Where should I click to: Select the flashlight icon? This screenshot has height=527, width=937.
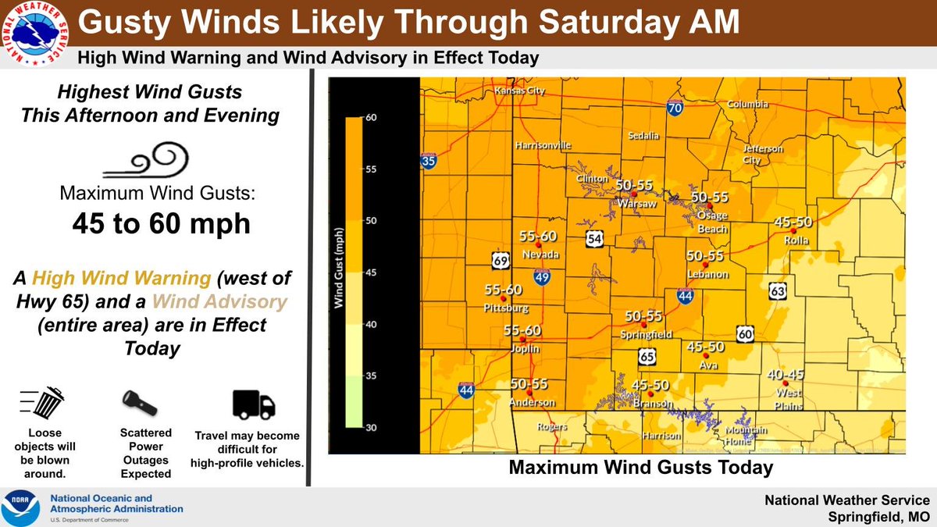(141, 403)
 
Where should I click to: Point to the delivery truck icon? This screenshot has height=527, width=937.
(254, 404)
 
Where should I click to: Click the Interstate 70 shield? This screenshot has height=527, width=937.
(675, 109)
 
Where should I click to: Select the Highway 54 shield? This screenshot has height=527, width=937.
(595, 240)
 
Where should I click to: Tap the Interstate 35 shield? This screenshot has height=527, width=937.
(428, 162)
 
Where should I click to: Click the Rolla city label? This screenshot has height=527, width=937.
(796, 240)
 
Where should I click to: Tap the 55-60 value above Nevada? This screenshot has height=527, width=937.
(538, 236)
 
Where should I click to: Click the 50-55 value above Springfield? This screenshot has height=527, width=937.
(643, 316)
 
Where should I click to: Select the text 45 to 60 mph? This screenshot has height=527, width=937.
(162, 223)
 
